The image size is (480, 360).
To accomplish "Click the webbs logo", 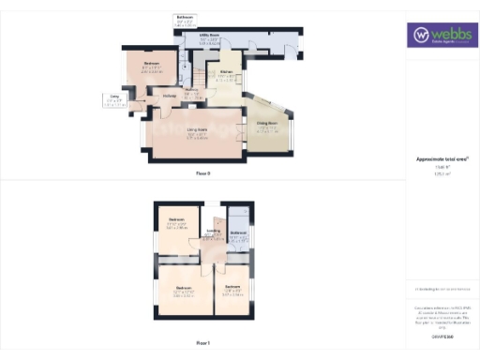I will click(442, 36).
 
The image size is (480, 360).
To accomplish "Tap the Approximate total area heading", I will click(441, 158).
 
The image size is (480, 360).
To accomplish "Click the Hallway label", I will click(169, 96).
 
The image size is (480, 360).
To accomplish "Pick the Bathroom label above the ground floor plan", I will click(186, 17).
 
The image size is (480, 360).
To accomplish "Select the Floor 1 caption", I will click(202, 343).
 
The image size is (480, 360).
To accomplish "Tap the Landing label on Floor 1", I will click(213, 232).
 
